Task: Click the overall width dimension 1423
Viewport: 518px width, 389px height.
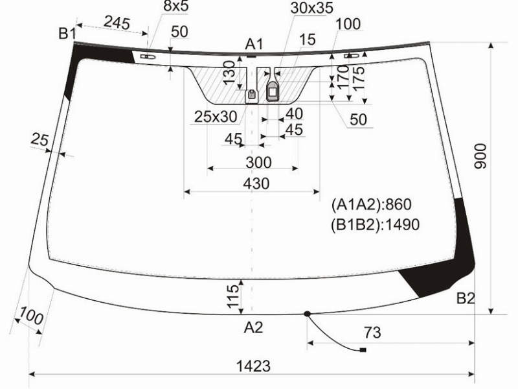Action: click(x=253, y=366)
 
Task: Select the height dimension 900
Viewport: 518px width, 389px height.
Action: click(x=480, y=156)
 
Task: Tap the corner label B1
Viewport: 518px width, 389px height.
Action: click(x=67, y=34)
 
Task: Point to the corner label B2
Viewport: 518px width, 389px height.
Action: click(x=466, y=298)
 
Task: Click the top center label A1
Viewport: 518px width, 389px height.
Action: click(x=254, y=44)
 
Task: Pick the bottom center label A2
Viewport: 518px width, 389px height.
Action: click(x=253, y=327)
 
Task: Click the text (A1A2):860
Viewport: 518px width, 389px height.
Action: click(x=371, y=204)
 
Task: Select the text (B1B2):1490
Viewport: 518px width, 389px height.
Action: click(x=376, y=224)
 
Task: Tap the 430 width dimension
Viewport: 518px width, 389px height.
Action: click(x=256, y=183)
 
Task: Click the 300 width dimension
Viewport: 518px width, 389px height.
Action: click(x=258, y=163)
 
